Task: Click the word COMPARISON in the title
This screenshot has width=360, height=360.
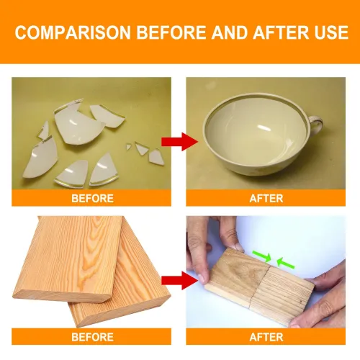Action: pyautogui.click(x=73, y=32)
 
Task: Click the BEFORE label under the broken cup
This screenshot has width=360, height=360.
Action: pyautogui.click(x=92, y=199)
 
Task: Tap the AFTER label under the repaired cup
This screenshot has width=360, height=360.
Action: pyautogui.click(x=266, y=199)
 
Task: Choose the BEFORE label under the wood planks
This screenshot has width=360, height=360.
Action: pyautogui.click(x=92, y=337)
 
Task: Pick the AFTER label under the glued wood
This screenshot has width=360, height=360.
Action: pyautogui.click(x=266, y=337)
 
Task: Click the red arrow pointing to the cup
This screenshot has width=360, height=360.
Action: pyautogui.click(x=179, y=142)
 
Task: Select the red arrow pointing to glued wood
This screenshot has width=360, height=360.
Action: pyautogui.click(x=179, y=280)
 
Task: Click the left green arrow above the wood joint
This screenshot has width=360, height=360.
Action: pyautogui.click(x=262, y=256)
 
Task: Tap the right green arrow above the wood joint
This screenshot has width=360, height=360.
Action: pyautogui.click(x=286, y=263)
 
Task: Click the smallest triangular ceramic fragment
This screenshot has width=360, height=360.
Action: pyautogui.click(x=129, y=146)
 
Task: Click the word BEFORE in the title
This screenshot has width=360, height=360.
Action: pyautogui.click(x=171, y=32)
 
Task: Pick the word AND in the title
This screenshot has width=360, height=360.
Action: pyautogui.click(x=229, y=32)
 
